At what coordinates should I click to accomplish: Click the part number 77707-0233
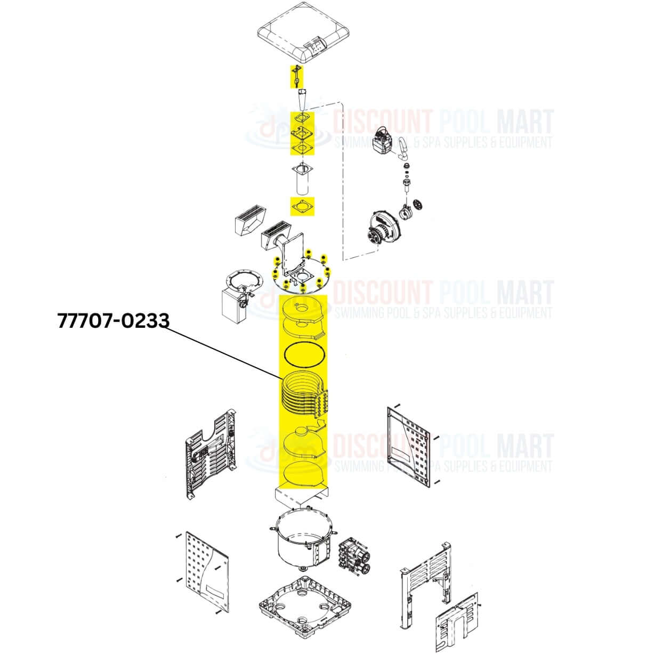coord(113,320)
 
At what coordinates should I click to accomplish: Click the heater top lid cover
coord(303,33)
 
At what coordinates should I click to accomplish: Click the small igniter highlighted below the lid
coord(296,76)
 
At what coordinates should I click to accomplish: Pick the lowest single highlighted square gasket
coord(302,206)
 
